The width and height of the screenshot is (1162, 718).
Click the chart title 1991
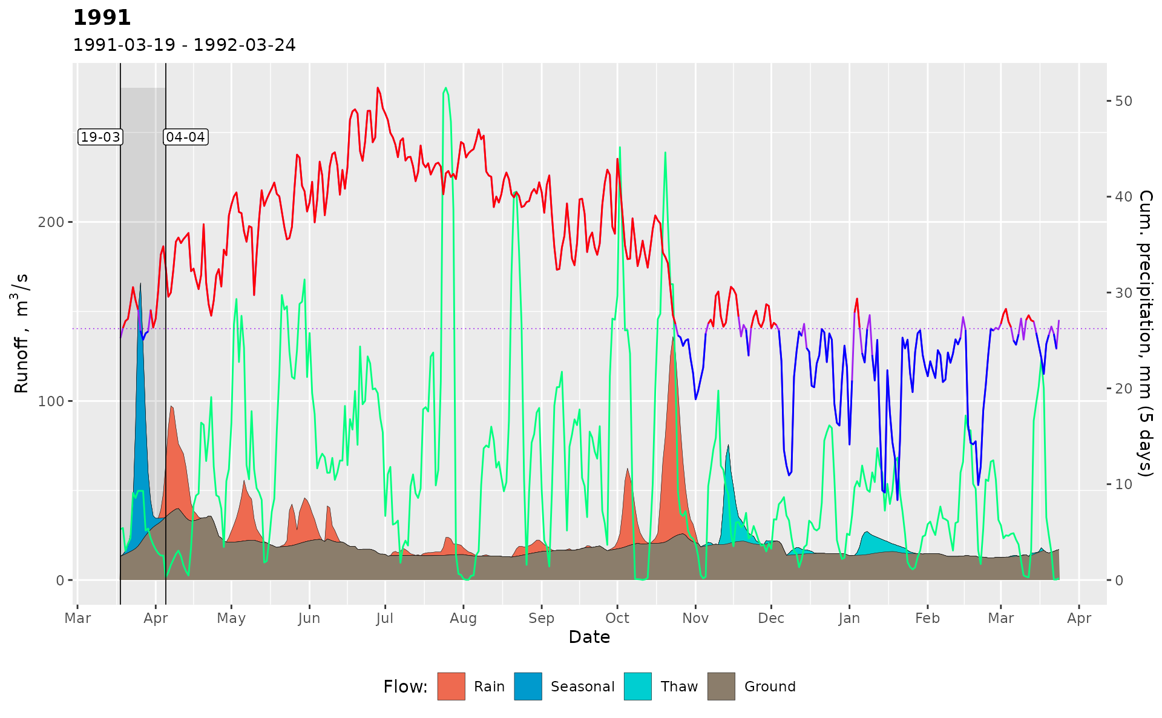[102, 18]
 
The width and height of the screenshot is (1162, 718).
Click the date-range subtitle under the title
[184, 45]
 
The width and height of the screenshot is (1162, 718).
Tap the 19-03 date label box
[100, 137]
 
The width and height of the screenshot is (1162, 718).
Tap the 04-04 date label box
[186, 137]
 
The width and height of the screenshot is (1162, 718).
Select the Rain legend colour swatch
[451, 687]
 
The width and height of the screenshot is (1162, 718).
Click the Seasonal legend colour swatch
[528, 687]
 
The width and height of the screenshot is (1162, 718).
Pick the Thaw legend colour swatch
[638, 687]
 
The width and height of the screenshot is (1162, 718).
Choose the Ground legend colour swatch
[721, 687]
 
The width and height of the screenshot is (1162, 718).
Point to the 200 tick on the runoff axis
[51, 222]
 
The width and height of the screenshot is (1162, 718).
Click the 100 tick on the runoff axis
[51, 401]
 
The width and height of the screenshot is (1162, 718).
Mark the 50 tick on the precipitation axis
[1123, 101]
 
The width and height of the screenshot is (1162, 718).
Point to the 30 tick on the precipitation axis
[1123, 293]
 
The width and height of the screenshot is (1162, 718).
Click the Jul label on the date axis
[385, 618]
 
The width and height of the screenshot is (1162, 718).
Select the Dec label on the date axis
[771, 618]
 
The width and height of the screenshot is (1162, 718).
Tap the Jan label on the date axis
[849, 618]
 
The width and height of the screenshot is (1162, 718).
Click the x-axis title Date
[589, 637]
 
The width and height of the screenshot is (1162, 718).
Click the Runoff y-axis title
[21, 333]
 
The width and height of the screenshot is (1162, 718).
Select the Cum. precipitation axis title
[1145, 333]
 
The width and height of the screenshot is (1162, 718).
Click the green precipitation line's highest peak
[446, 88]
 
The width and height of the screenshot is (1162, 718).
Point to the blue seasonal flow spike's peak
[140, 283]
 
